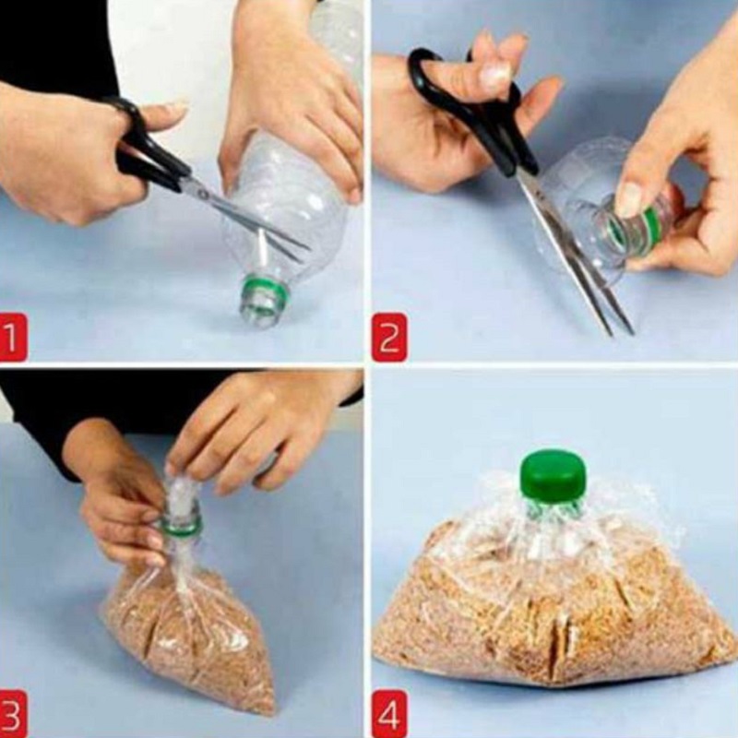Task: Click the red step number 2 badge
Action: coord(389,338)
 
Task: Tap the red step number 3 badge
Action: coord(13,714)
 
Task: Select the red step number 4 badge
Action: coord(389,714)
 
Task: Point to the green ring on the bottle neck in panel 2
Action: coord(653,220)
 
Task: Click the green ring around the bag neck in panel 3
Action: coord(181,525)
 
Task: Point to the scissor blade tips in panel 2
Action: coord(621,332)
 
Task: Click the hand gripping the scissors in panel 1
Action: coord(71,150)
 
